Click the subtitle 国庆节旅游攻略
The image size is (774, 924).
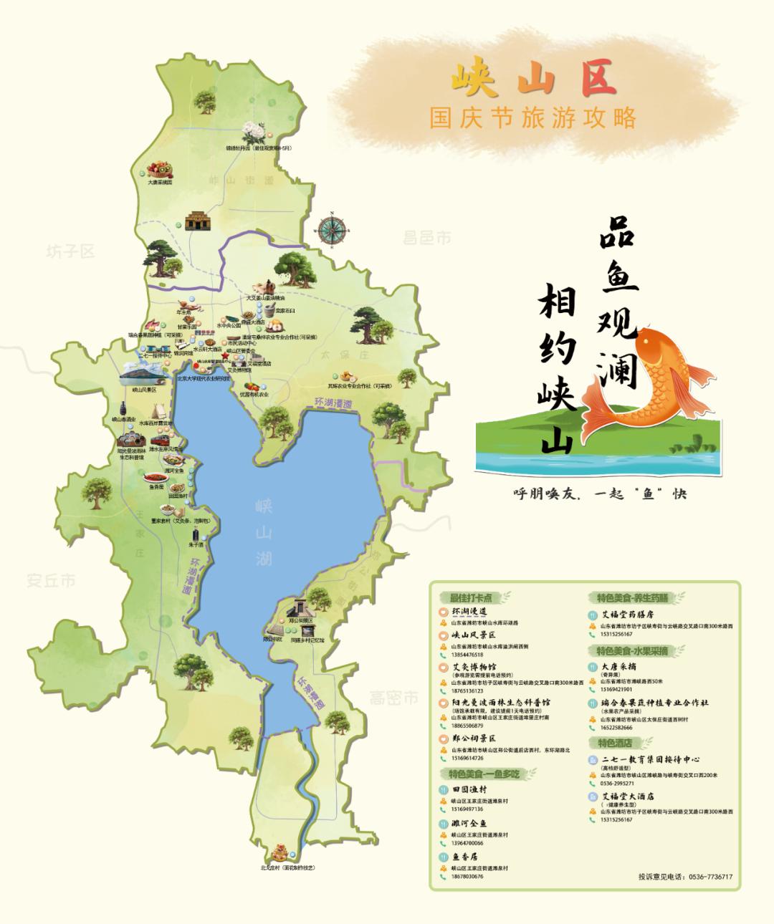point(532,117)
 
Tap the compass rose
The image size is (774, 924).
point(331,228)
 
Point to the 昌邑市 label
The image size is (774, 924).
point(426,238)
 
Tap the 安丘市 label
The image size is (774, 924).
point(51,580)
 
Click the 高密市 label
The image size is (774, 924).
point(393,698)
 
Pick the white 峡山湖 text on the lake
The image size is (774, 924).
point(264,533)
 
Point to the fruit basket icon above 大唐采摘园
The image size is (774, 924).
point(159,169)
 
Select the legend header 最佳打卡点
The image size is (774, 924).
point(471,597)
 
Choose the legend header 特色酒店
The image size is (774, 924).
point(611,743)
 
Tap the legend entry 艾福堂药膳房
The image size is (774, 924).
point(628,614)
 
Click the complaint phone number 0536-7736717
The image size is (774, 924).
point(709,877)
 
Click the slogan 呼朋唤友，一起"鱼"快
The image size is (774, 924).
point(600,494)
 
